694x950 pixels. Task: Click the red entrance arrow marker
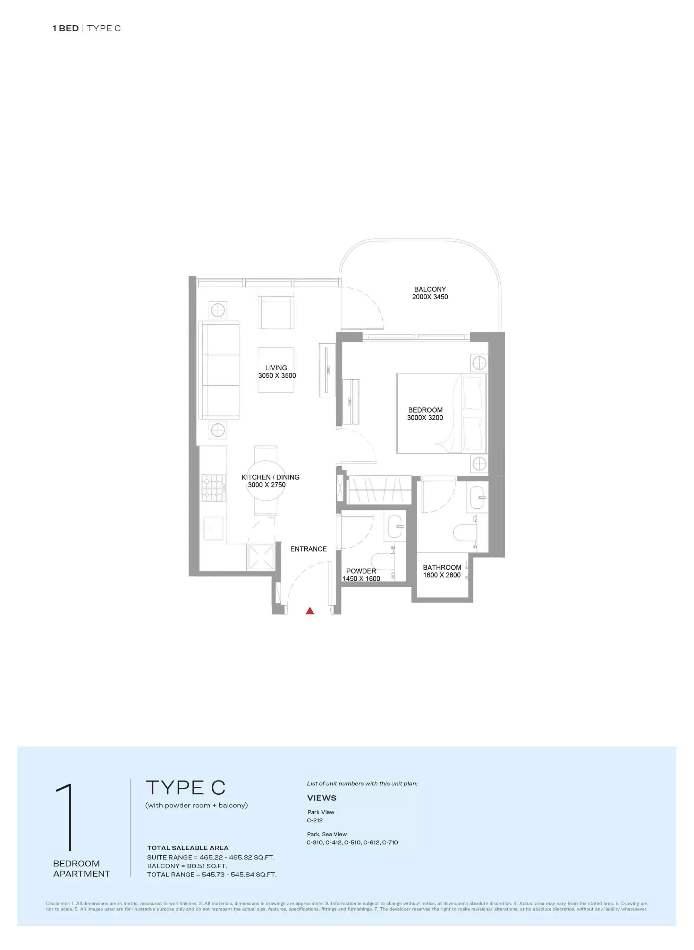pos(310,611)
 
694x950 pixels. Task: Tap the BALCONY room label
pos(430,289)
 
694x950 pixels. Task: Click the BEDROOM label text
pos(425,410)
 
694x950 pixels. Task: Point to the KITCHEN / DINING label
pos(271,477)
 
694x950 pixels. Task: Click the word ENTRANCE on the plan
pos(308,549)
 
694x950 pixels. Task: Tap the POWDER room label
pos(361,571)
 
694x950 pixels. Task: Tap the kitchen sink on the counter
pos(214,528)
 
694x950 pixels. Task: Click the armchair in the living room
pos(276,311)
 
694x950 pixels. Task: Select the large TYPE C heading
pos(186,787)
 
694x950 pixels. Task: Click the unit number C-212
pos(315,820)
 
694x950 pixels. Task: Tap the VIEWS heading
pos(322,798)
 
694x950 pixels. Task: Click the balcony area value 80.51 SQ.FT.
pos(208,866)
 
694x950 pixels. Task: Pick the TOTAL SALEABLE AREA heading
pos(188,848)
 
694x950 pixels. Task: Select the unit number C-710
pos(390,843)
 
